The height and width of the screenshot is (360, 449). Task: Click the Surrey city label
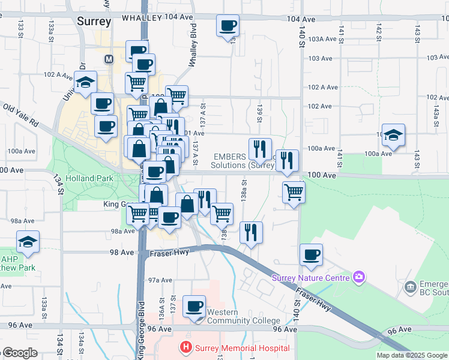tap(94, 22)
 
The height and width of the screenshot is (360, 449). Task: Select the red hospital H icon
tap(186, 347)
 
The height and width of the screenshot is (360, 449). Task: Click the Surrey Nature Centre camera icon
tap(359, 277)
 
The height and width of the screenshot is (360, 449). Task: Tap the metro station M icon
tap(109, 59)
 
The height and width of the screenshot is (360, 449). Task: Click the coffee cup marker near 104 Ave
tap(228, 26)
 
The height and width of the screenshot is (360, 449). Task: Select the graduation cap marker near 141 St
tap(393, 136)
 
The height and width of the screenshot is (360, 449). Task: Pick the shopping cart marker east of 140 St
tap(294, 193)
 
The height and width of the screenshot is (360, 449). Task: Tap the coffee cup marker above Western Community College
tap(194, 307)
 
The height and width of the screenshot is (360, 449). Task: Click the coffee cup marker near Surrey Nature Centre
tap(311, 255)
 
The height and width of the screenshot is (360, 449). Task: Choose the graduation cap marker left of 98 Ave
tap(28, 242)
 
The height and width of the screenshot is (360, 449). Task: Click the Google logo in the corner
tap(20, 353)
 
